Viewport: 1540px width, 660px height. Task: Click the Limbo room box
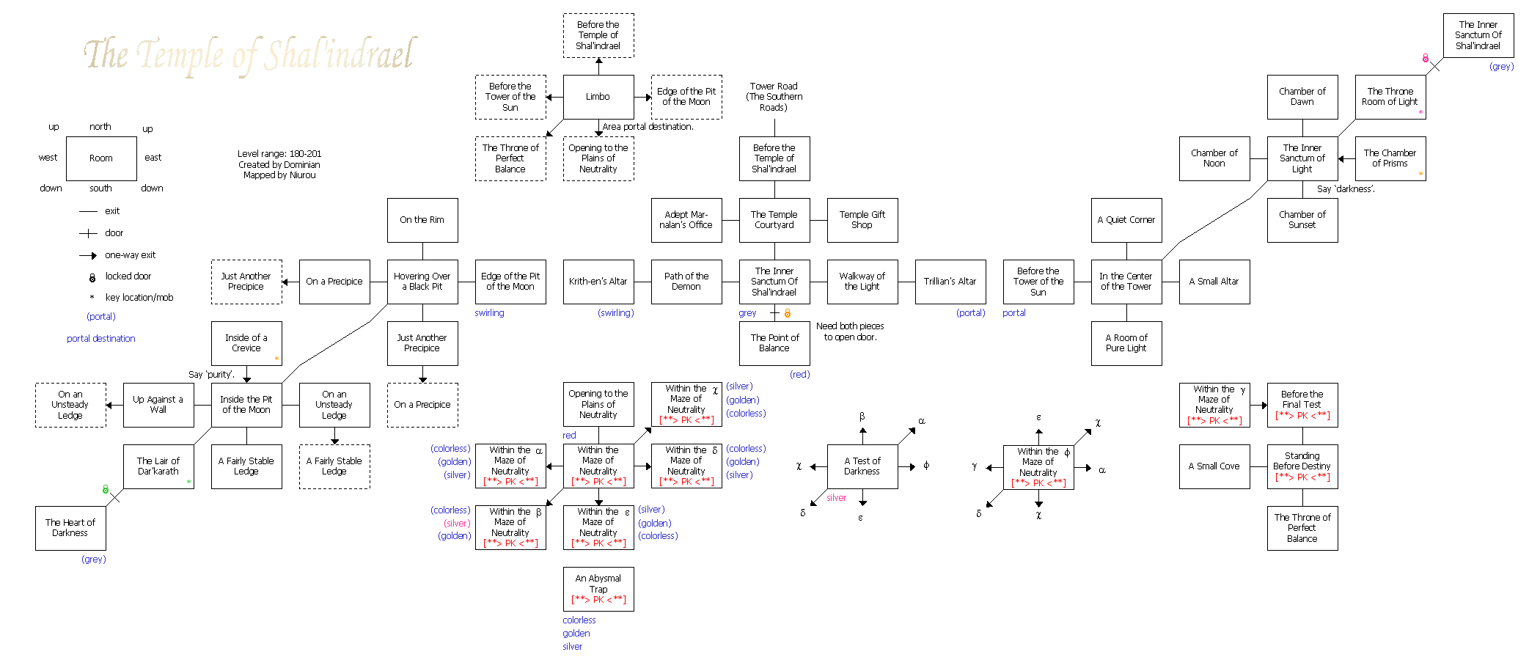(x=598, y=97)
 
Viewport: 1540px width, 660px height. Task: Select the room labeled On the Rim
(x=422, y=220)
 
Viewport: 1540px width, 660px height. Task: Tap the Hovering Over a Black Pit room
(x=422, y=282)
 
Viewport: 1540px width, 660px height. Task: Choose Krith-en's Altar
(x=598, y=282)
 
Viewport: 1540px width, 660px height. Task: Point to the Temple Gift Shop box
(x=862, y=220)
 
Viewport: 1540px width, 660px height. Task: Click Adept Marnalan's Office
(x=686, y=220)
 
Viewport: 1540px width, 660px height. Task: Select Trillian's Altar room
(x=950, y=282)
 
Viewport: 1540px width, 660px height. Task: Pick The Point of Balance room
(x=774, y=343)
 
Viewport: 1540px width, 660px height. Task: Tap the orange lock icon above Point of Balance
(x=788, y=314)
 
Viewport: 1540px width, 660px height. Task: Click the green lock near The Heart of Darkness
(x=106, y=489)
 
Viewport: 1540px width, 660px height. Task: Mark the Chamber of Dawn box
(x=1302, y=97)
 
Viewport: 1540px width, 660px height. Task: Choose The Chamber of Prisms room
(x=1390, y=158)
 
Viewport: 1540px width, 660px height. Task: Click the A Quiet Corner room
(x=1126, y=220)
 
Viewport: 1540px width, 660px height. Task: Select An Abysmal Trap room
(x=598, y=589)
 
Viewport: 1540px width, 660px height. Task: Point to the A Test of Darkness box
(x=862, y=466)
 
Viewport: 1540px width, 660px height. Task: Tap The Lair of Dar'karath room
(x=158, y=466)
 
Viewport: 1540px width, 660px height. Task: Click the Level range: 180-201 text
(x=279, y=154)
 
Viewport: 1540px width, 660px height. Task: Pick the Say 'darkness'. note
(x=1346, y=189)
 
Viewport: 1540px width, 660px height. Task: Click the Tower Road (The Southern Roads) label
(x=774, y=97)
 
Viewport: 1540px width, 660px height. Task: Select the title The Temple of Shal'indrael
(x=249, y=54)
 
